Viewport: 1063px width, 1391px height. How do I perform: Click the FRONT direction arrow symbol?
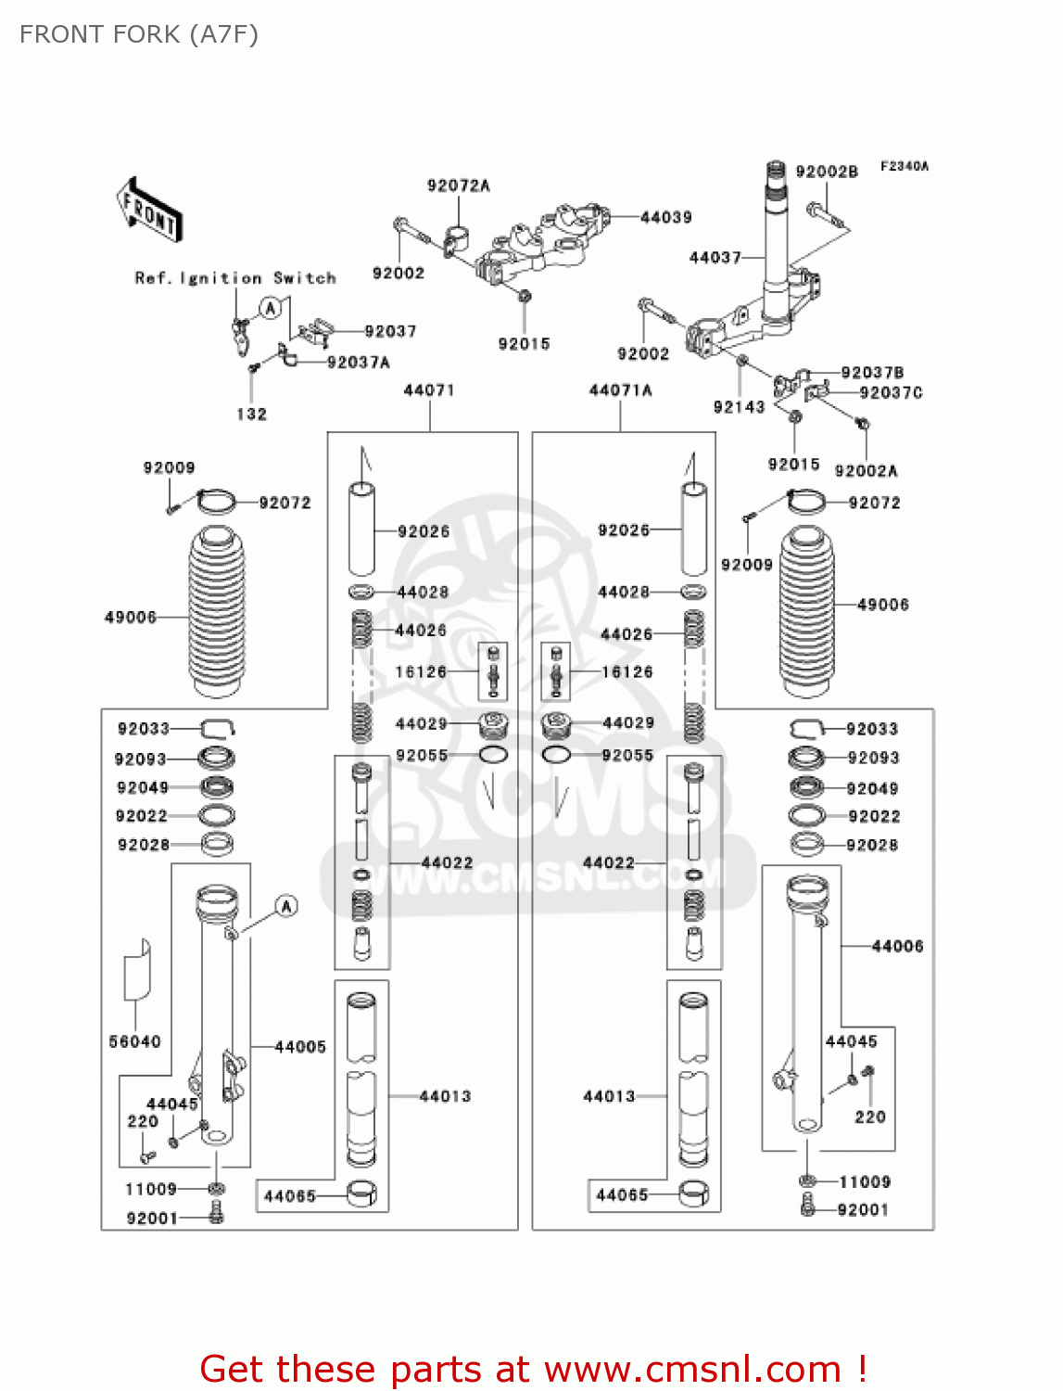[149, 211]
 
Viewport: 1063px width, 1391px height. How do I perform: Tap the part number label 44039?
[665, 217]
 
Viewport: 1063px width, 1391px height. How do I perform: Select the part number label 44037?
[715, 257]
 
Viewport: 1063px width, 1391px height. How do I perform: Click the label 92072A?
[458, 185]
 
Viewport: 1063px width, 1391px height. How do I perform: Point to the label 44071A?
[620, 390]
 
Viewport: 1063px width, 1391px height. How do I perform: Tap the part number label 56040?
[134, 1041]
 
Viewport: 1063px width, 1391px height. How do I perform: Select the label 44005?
[300, 1047]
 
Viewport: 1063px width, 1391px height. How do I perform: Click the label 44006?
[897, 946]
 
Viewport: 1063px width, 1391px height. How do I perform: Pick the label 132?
[251, 414]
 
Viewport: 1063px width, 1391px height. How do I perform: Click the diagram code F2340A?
[904, 167]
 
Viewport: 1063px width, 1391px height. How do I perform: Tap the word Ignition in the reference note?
[221, 278]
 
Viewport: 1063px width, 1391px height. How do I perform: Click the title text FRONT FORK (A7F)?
[139, 34]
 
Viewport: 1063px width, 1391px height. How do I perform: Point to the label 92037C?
[891, 393]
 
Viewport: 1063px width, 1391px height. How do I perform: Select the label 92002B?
[827, 172]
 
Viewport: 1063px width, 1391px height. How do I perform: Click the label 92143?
[739, 407]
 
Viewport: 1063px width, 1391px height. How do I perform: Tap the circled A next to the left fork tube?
[286, 906]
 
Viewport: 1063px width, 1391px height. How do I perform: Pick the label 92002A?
[866, 471]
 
